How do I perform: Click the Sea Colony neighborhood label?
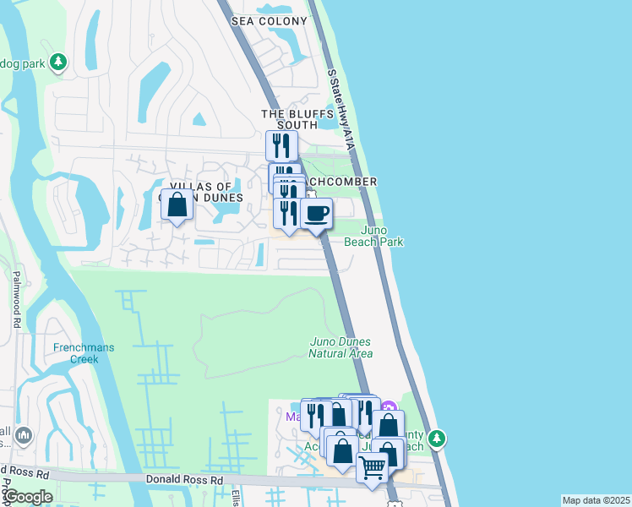coord(261,19)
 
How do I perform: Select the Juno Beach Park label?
coord(373,236)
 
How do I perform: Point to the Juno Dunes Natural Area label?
coord(342,347)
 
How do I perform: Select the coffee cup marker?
coord(317,213)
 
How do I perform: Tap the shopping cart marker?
coord(373,466)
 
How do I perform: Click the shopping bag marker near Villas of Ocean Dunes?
coord(177,204)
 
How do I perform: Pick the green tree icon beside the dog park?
coord(58,62)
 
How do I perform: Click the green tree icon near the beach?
coord(437,439)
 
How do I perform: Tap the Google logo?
coord(27,497)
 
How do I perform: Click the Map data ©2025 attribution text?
coord(596,500)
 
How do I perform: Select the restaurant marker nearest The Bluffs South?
coord(281,145)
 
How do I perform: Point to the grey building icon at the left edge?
coord(23,436)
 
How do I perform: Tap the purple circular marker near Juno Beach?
coord(389,407)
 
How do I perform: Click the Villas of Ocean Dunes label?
coord(206,192)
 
